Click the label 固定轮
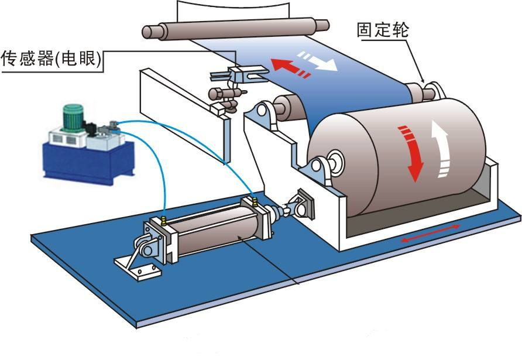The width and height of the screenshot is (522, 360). [383, 30]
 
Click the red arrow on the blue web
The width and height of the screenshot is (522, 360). [290, 68]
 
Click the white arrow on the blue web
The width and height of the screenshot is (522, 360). [318, 61]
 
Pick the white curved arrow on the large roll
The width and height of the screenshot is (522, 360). [441, 149]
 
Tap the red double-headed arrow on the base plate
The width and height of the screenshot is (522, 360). [430, 233]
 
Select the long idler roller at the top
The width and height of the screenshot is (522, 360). [236, 28]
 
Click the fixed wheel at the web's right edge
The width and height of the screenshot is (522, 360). [426, 91]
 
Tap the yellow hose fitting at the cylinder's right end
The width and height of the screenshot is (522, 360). [255, 201]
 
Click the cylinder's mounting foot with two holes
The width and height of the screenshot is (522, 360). [138, 268]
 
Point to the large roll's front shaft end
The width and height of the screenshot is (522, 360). [334, 162]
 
